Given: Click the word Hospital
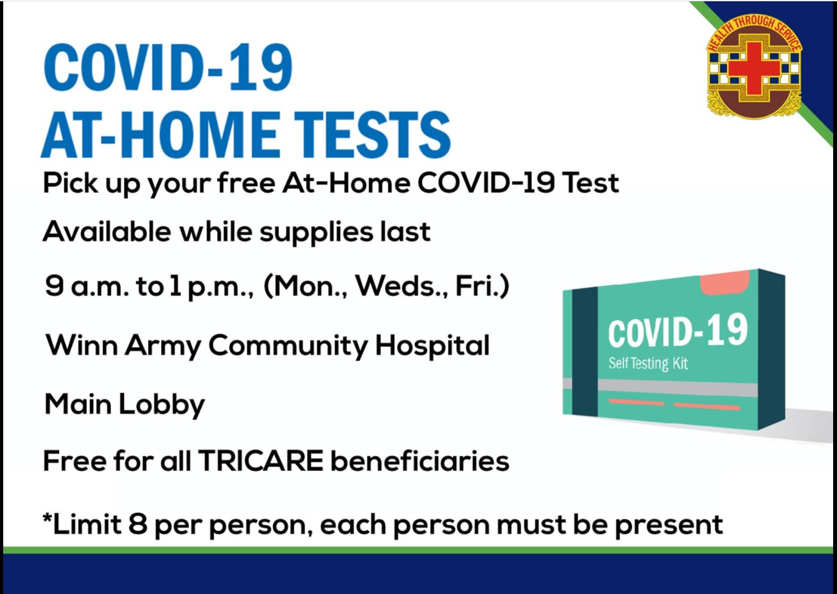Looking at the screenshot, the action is tap(432, 346).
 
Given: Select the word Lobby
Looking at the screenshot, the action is tap(162, 405).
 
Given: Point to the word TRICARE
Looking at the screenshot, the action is tap(260, 461).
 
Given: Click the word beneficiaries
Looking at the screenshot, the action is tap(419, 461).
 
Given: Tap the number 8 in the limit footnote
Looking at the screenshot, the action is tap(137, 525).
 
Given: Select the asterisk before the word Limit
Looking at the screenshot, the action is tap(48, 518).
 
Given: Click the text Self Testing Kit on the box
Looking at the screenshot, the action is tap(648, 363).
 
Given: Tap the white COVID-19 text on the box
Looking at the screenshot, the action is tap(678, 330).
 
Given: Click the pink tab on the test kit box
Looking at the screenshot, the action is tap(725, 283).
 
